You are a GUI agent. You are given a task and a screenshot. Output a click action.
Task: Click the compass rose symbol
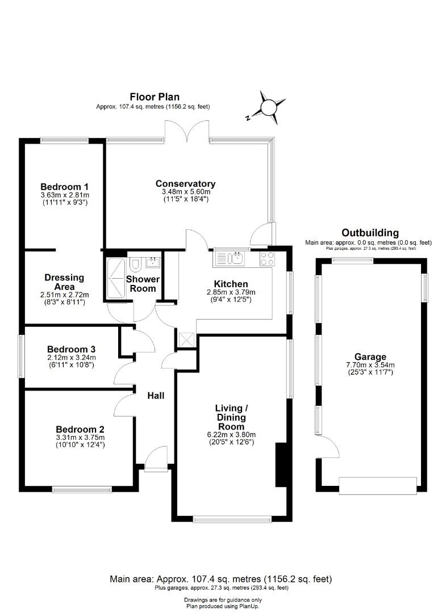(268, 107)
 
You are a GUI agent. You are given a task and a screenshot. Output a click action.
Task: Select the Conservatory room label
(186, 183)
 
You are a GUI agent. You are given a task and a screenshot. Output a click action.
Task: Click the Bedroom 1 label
(64, 186)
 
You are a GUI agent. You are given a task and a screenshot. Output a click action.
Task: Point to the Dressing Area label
(64, 282)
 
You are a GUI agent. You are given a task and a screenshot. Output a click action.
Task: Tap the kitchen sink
(235, 259)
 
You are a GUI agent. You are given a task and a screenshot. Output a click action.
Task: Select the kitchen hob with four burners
(267, 259)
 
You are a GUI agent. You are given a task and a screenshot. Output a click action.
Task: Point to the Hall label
(156, 395)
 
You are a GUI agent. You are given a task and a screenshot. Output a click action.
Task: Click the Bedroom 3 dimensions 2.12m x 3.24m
(71, 358)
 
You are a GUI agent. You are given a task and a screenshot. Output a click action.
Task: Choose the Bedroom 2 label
(80, 429)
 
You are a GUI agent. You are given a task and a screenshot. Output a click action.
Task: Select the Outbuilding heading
(370, 233)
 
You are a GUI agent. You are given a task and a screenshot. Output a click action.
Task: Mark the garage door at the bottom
(378, 484)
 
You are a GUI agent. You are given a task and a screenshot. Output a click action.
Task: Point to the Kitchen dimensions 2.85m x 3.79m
(231, 293)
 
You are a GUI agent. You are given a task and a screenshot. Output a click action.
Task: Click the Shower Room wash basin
(153, 262)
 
